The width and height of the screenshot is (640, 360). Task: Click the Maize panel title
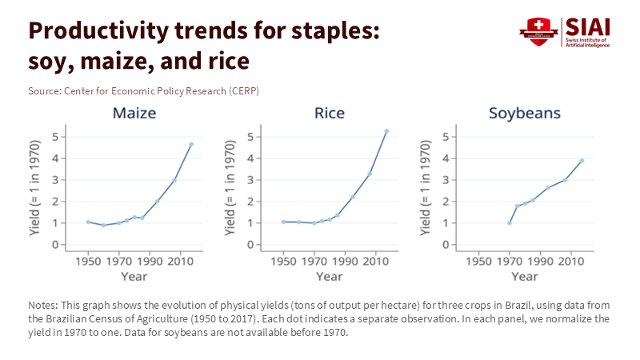tap(134, 112)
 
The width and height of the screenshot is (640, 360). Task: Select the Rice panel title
tap(330, 112)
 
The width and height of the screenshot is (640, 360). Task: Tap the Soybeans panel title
tap(525, 112)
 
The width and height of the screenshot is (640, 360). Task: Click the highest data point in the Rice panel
tap(386, 131)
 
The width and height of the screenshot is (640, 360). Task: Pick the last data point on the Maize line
tap(191, 144)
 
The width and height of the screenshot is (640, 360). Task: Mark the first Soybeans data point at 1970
tap(510, 222)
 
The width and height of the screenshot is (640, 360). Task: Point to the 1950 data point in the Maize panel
tap(88, 222)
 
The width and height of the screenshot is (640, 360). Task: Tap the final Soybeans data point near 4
tap(582, 160)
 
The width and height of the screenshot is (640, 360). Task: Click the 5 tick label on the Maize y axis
tap(55, 137)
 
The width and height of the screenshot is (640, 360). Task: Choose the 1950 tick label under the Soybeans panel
tap(478, 261)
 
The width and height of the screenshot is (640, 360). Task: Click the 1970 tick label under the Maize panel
tap(119, 261)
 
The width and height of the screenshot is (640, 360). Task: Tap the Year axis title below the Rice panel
tap(330, 276)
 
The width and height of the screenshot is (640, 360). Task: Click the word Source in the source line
tap(43, 90)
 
